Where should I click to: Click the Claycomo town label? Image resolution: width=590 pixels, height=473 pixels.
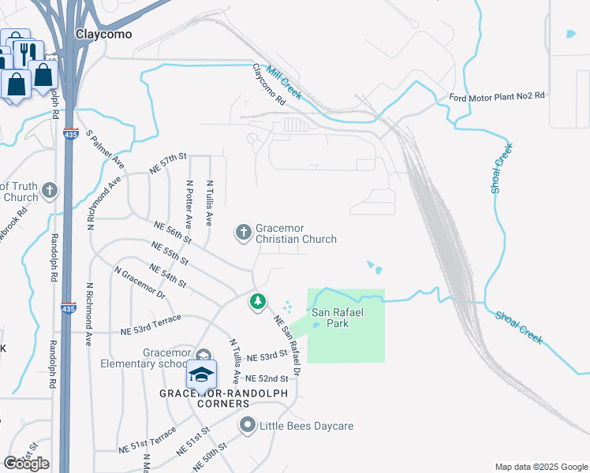[103, 35]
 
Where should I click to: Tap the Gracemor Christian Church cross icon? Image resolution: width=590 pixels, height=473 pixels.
[244, 232]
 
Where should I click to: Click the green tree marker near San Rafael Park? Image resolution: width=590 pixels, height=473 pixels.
[257, 301]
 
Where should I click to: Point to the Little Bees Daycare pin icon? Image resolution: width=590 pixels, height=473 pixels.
[247, 426]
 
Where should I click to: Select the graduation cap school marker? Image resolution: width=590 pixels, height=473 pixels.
[201, 373]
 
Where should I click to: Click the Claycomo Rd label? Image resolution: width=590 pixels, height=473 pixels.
[267, 84]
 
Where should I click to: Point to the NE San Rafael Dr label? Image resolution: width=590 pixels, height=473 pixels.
[287, 345]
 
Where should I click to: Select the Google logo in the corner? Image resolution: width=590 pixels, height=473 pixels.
[26, 464]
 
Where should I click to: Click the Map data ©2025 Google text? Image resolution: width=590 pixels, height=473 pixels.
[541, 467]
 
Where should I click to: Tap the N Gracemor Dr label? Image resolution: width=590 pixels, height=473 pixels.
[140, 283]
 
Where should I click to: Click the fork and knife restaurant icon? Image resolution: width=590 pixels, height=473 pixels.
[24, 51]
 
